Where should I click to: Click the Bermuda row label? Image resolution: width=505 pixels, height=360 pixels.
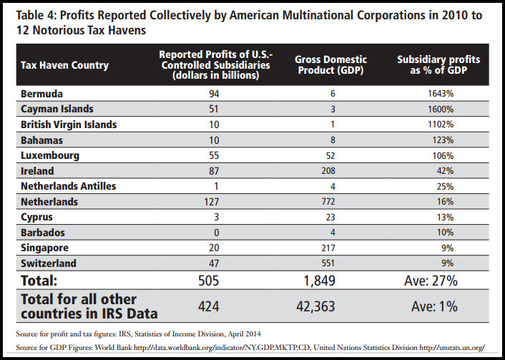tap(41, 94)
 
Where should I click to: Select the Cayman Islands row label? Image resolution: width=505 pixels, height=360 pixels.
tap(57, 109)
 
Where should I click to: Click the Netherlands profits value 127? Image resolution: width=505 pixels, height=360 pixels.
tap(210, 201)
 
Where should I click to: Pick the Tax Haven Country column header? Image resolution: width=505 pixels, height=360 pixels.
tap(65, 65)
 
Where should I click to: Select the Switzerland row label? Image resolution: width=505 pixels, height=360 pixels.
tap(49, 263)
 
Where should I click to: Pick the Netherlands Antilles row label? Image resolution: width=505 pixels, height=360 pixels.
tap(69, 186)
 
